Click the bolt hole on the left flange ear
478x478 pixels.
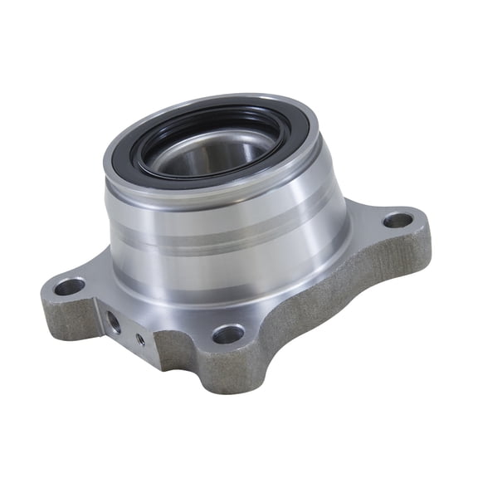pos(70,286)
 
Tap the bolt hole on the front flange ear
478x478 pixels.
pos(227,334)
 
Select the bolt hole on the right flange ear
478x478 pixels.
pos(398,220)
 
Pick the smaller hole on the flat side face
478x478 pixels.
pos(139,339)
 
